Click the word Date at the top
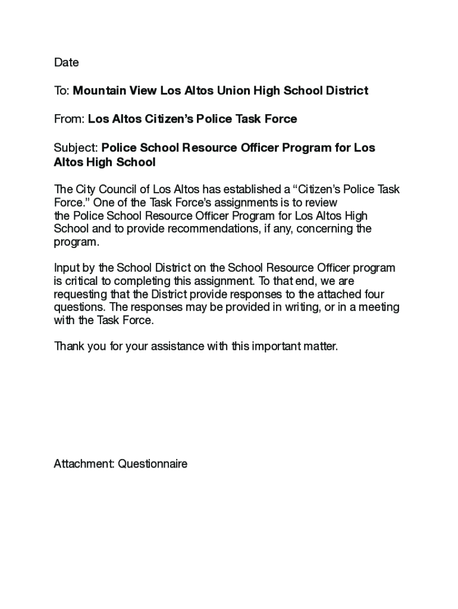[x=66, y=62]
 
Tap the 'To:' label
[x=62, y=91]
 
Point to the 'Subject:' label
[x=76, y=147]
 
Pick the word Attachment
[x=83, y=464]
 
